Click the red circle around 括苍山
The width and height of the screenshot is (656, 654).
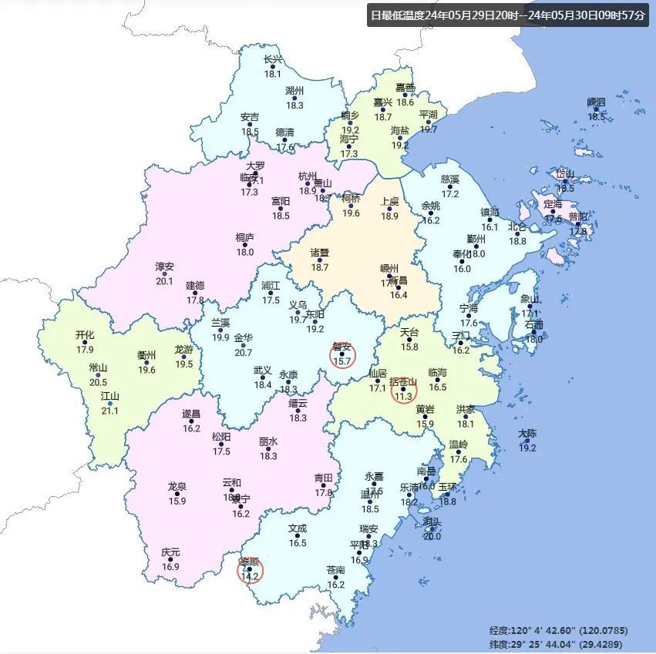click(402, 390)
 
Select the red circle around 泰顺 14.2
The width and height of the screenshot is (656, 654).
click(250, 571)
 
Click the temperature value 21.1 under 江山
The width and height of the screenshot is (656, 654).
click(110, 411)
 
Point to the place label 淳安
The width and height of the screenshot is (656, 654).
click(165, 267)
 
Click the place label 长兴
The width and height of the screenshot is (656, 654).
click(273, 59)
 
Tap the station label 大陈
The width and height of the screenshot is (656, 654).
click(527, 434)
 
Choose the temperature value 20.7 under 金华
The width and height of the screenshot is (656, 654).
click(243, 352)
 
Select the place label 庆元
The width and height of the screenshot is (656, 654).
click(170, 552)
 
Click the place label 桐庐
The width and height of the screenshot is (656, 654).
click(245, 238)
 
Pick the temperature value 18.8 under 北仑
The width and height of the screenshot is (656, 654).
click(517, 241)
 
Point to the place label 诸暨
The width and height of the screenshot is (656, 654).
click(320, 253)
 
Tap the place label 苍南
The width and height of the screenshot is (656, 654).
click(336, 571)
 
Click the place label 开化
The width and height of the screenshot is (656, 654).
click(85, 335)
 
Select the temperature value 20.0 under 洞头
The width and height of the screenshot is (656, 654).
click(432, 536)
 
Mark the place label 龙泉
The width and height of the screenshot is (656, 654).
click(177, 487)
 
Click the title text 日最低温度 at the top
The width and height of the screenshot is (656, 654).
click(398, 15)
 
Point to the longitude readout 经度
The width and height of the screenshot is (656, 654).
click(500, 630)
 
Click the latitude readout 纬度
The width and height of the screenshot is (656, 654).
click(500, 644)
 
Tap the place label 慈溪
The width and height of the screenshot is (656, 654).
click(450, 179)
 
